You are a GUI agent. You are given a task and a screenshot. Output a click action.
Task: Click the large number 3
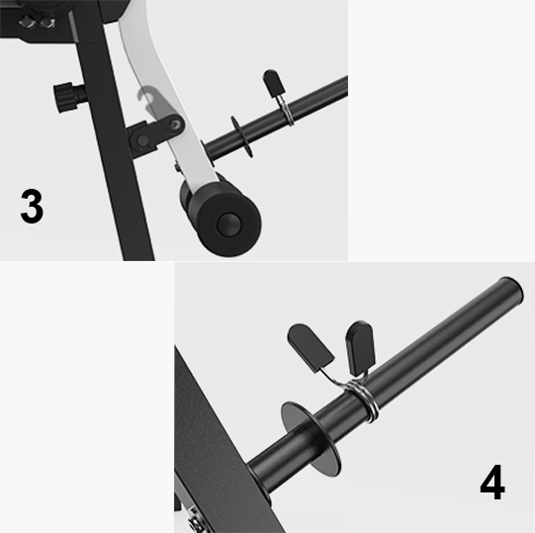point(32,207)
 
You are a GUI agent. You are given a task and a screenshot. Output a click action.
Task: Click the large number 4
point(492,482)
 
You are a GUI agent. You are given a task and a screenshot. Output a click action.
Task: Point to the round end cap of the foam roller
point(228,224)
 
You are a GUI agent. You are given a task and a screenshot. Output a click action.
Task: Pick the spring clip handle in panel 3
point(274,83)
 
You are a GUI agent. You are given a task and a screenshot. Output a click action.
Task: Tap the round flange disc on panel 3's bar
point(241,136)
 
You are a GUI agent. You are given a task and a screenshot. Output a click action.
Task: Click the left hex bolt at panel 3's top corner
point(28,22)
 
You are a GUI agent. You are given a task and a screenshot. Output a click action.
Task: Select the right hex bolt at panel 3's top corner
point(47,23)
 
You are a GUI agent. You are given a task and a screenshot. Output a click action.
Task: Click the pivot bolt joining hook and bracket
point(175,125)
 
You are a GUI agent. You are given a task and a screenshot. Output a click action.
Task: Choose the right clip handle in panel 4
point(360,348)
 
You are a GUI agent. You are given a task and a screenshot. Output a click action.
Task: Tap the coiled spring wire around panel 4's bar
point(363,400)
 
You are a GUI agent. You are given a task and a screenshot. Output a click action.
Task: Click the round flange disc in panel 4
point(311,439)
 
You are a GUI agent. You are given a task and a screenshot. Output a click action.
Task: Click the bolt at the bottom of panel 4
point(194,521)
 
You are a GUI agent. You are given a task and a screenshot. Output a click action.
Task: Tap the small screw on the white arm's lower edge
point(177,167)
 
